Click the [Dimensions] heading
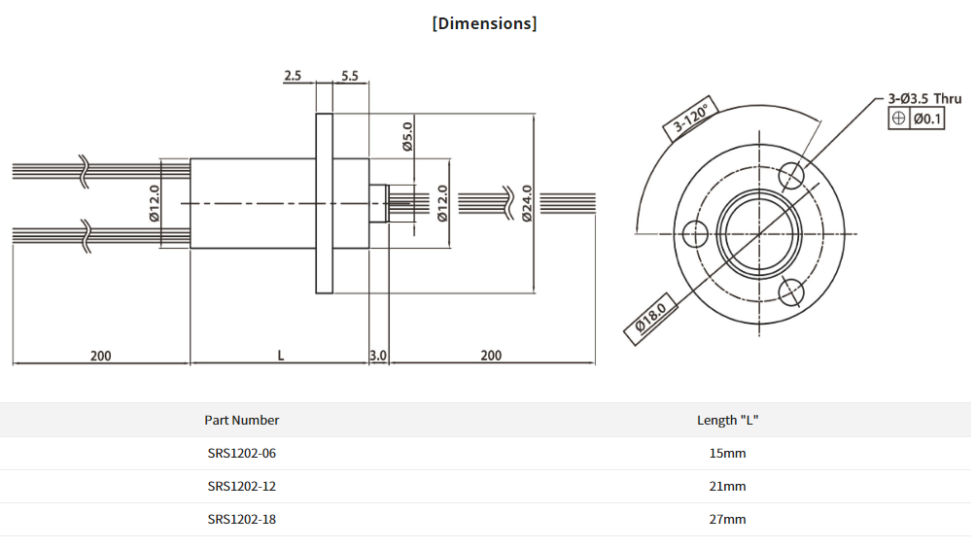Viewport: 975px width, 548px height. click(x=484, y=23)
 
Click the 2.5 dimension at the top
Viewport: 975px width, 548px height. click(x=293, y=75)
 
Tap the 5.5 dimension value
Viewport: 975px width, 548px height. click(x=350, y=75)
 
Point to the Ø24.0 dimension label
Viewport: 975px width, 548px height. click(x=527, y=203)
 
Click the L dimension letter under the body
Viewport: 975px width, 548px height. click(x=280, y=356)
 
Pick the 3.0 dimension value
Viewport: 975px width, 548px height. click(x=378, y=356)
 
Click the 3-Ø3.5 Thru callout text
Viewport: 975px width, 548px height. click(x=924, y=98)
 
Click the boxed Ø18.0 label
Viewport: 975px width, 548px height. click(x=650, y=320)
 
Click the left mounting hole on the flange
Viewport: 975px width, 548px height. click(x=695, y=234)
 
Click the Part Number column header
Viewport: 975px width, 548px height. click(x=241, y=421)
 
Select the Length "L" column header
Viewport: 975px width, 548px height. click(x=727, y=421)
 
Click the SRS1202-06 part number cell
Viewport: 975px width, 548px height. click(x=241, y=454)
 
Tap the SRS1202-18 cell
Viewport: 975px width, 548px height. click(x=241, y=520)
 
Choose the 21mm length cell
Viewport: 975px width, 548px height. click(x=727, y=487)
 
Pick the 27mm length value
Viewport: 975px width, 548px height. click(x=727, y=520)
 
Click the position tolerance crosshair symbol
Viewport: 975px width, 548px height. click(x=899, y=119)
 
